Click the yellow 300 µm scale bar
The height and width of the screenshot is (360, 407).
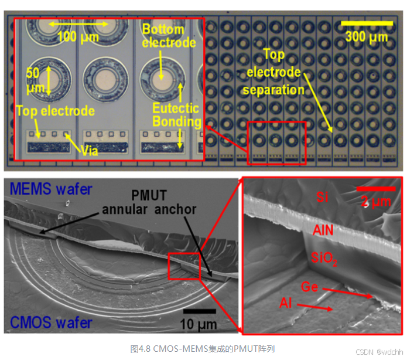[x=366, y=23]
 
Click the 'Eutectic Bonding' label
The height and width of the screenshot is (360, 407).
[x=176, y=115]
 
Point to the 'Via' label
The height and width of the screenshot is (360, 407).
[x=90, y=150]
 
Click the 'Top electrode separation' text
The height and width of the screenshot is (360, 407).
[x=273, y=73]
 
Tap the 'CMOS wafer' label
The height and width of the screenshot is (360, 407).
[x=50, y=322]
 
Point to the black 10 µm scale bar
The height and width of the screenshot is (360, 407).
[x=199, y=311]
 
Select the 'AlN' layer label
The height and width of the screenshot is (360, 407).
[x=323, y=230]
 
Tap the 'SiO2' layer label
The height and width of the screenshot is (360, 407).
[x=323, y=258]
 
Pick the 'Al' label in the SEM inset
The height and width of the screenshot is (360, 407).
[x=286, y=304]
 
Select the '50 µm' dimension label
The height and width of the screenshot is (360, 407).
[x=35, y=80]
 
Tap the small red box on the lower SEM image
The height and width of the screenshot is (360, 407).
[x=179, y=266]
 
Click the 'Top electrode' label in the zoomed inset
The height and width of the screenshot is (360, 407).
[x=55, y=111]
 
